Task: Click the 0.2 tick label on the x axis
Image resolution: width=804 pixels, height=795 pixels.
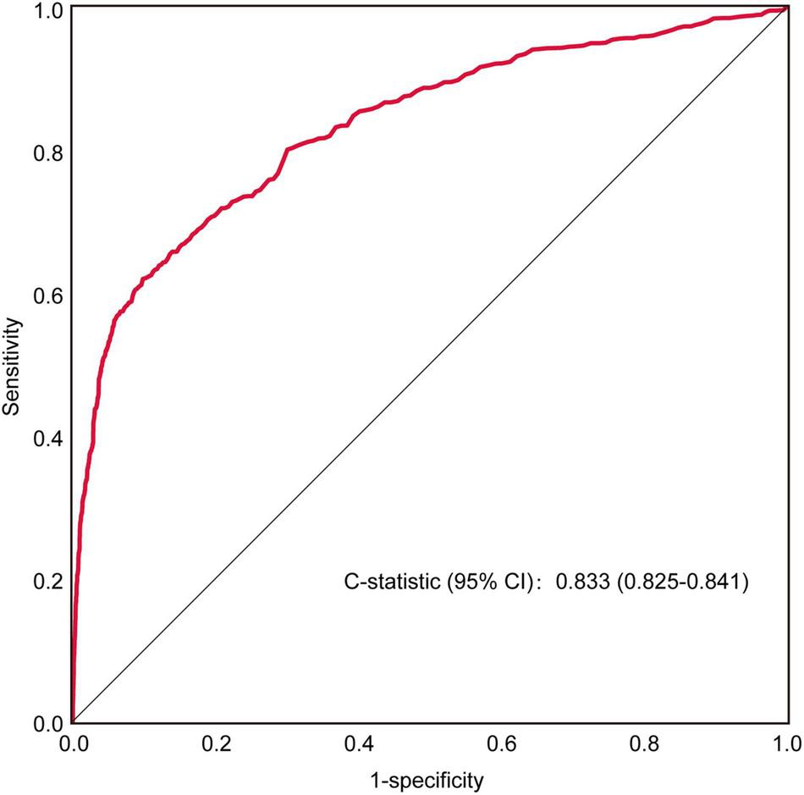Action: [x=217, y=744]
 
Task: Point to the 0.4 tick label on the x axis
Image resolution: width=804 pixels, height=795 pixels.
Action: [x=360, y=744]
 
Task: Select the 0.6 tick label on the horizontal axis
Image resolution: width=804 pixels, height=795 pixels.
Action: [x=503, y=744]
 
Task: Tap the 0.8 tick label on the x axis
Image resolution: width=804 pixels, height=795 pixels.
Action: [x=646, y=744]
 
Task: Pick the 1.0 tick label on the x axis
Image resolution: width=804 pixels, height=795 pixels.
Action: [x=787, y=744]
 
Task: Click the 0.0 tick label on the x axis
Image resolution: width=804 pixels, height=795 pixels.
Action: [x=74, y=744]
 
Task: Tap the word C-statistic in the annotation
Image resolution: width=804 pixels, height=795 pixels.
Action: [x=390, y=583]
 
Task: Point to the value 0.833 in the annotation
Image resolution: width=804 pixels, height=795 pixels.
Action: [x=577, y=583]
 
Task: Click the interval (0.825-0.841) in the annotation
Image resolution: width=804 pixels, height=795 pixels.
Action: [x=677, y=583]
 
